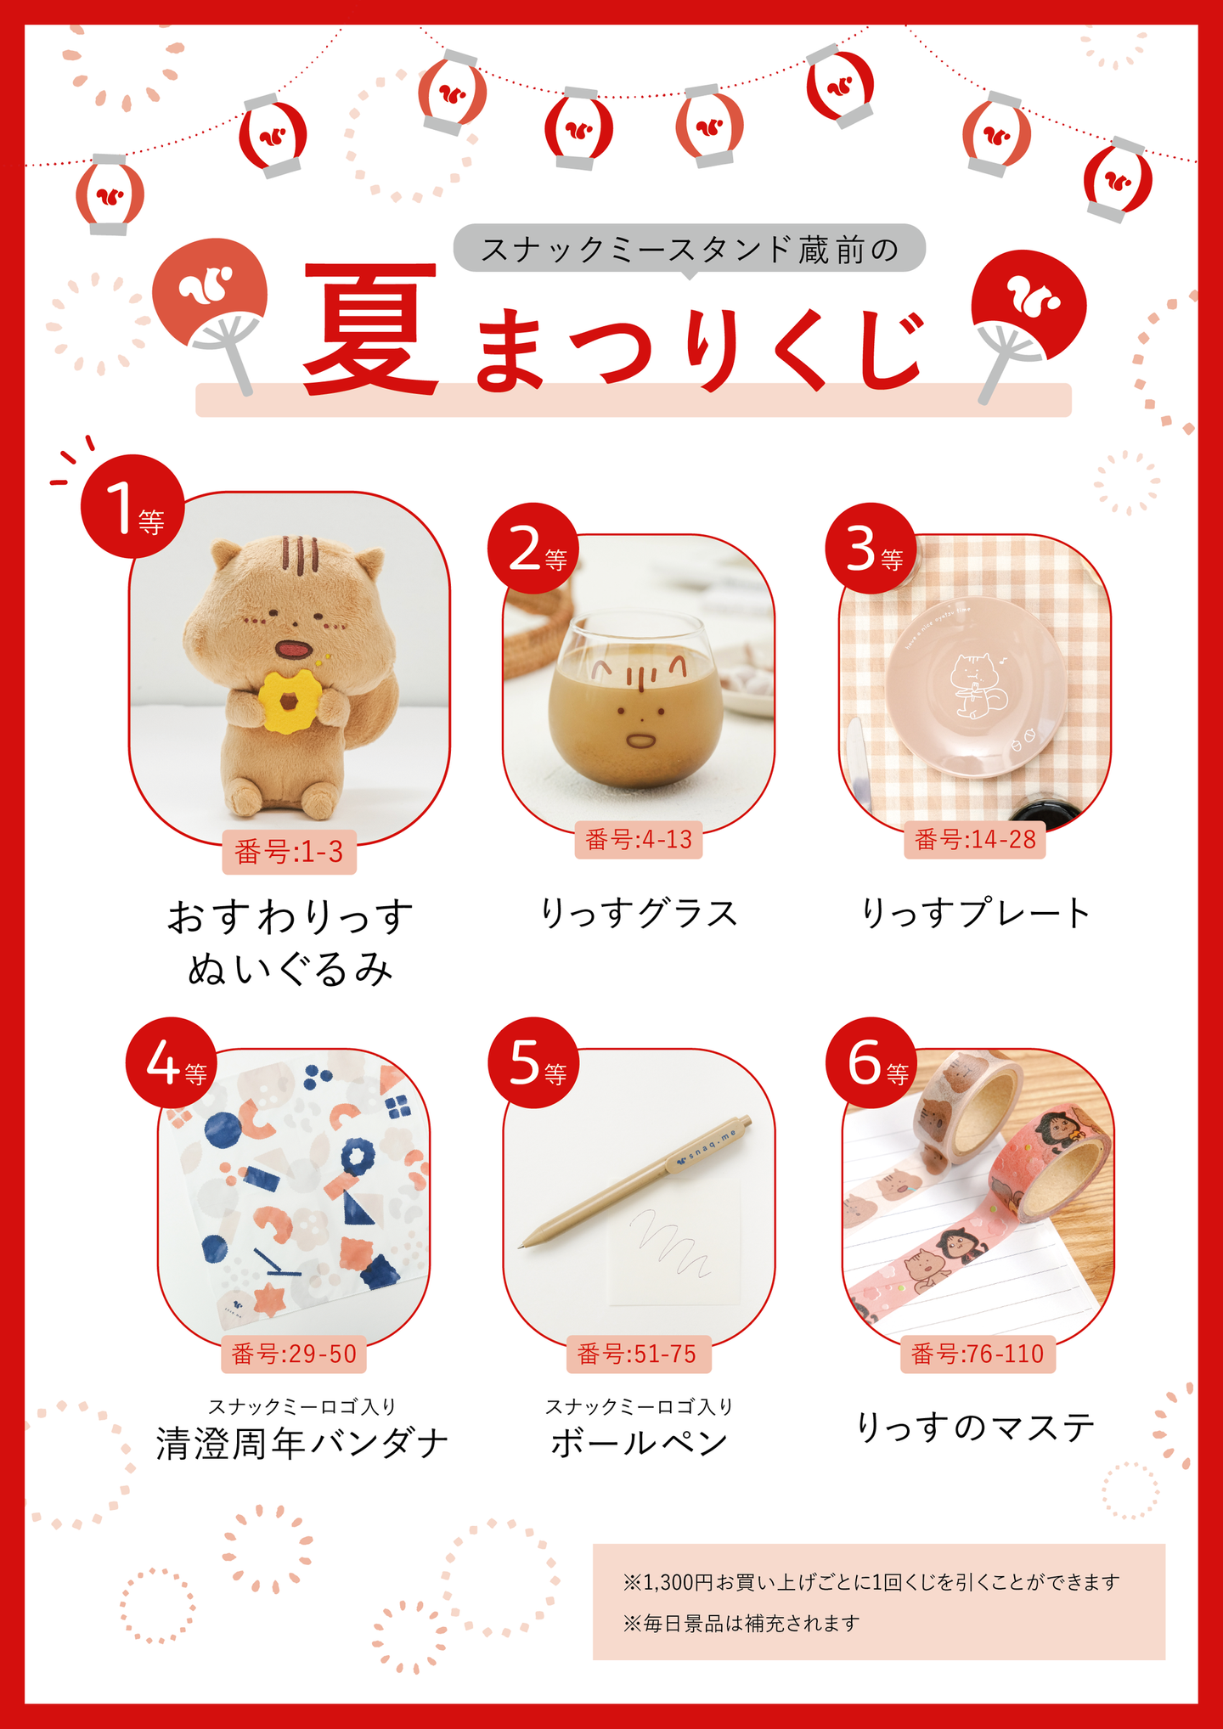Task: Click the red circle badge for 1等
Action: pos(132,506)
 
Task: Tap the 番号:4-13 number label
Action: pos(639,840)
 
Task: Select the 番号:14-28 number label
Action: pos(975,840)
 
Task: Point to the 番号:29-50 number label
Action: pos(294,1354)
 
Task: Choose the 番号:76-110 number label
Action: pos(978,1354)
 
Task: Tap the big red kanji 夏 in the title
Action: pos(371,329)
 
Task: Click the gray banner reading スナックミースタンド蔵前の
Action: pos(689,249)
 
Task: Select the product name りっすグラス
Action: pos(640,914)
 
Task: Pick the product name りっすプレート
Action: pos(976,914)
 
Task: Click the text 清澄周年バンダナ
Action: pos(302,1444)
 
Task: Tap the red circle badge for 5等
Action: pos(533,1062)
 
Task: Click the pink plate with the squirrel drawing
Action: pos(975,686)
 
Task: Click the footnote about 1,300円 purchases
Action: pos(871,1582)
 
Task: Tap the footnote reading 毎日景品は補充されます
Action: pos(741,1624)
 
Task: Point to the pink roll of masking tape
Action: pos(1053,1163)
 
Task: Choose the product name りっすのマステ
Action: pos(976,1428)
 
